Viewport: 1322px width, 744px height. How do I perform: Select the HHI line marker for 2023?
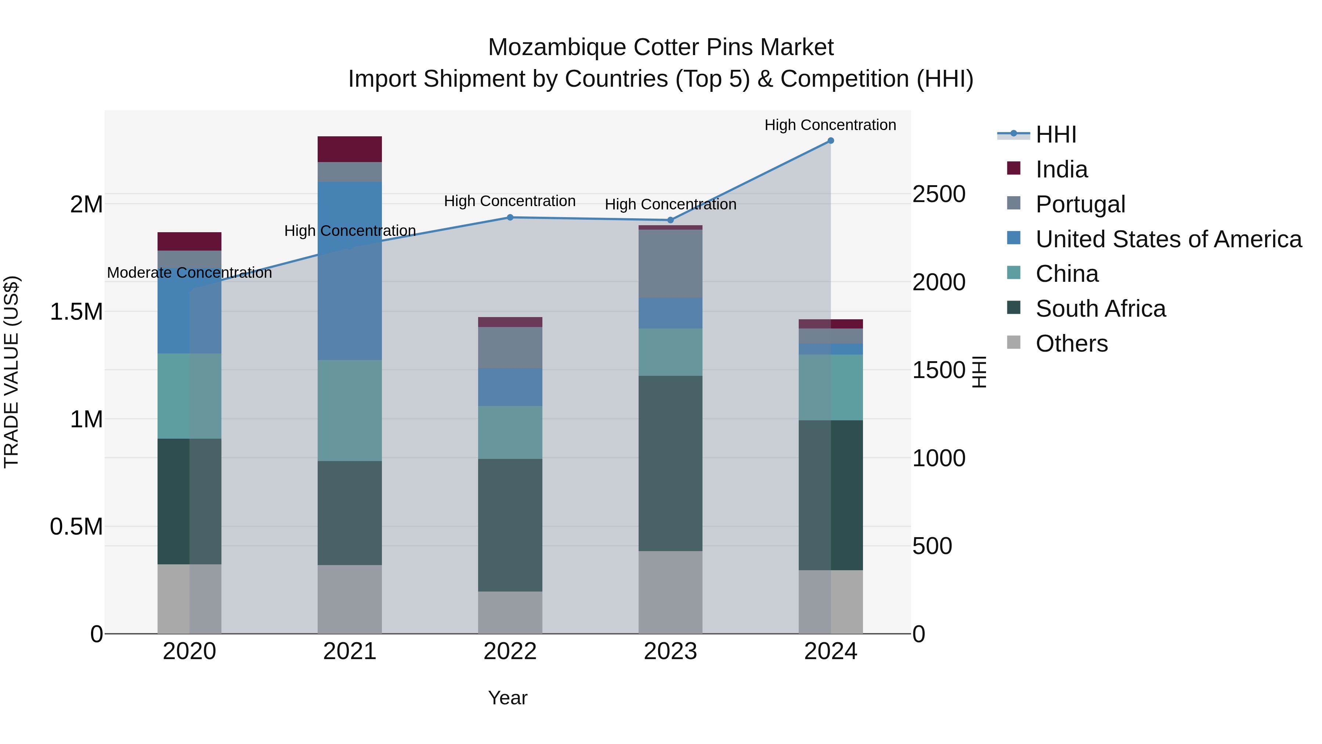coord(670,220)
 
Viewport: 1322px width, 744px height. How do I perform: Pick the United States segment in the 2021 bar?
coord(350,270)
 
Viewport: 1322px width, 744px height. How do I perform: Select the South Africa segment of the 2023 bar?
coord(670,463)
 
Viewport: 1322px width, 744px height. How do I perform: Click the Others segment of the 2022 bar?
coord(510,612)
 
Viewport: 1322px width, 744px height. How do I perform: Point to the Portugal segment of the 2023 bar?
coord(670,263)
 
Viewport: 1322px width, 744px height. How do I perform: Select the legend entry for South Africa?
coord(1100,309)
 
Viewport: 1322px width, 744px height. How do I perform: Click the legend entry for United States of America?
coord(1168,239)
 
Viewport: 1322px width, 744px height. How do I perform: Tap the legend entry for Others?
coord(1071,344)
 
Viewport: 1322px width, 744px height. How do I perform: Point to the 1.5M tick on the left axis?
coord(76,312)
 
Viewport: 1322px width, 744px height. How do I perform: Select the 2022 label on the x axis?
coord(510,651)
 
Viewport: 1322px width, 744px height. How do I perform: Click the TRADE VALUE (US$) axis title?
coord(11,372)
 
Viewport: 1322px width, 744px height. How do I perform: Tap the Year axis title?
coord(508,698)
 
